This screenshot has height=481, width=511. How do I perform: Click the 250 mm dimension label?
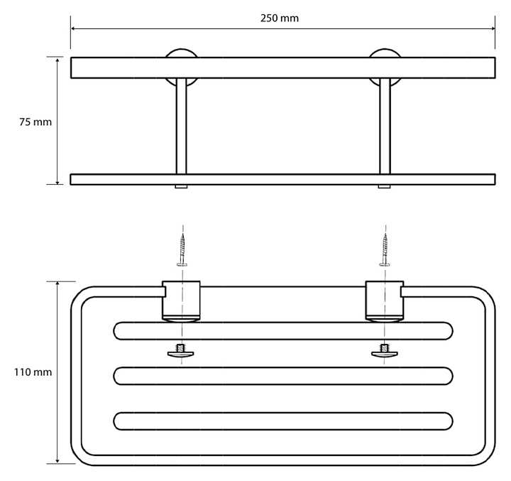tap(280, 18)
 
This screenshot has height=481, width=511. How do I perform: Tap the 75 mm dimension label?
tap(35, 122)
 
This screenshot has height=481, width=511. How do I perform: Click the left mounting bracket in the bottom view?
tap(181, 301)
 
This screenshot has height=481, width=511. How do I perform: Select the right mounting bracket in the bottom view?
tap(384, 301)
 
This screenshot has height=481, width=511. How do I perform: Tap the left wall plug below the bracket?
tap(182, 350)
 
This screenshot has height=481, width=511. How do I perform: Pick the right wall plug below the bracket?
tap(385, 350)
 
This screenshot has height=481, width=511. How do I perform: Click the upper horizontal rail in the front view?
tap(282, 67)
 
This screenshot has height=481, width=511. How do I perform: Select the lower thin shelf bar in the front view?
tap(282, 179)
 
